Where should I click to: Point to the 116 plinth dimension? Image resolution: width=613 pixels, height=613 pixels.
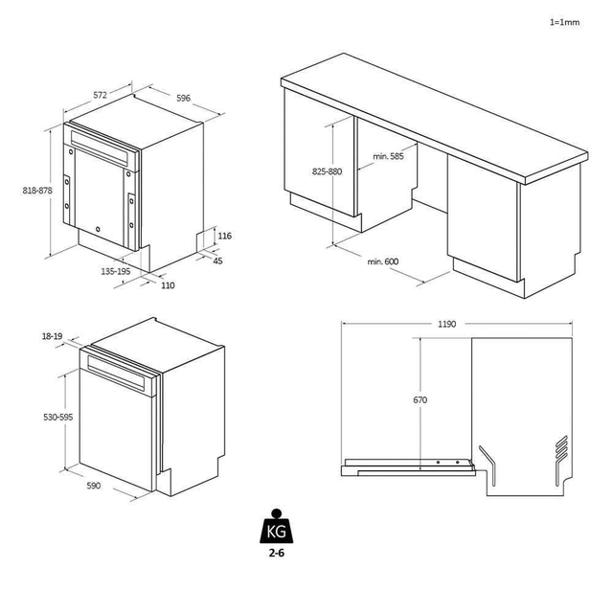(x=224, y=236)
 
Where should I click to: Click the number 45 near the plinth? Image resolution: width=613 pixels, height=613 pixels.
(x=217, y=261)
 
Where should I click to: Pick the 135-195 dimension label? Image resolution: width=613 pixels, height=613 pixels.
(x=116, y=272)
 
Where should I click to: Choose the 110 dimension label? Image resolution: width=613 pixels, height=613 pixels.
(x=168, y=285)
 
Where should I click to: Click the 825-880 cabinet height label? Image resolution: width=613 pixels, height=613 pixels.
(x=327, y=171)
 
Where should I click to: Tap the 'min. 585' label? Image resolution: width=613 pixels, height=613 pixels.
(x=388, y=156)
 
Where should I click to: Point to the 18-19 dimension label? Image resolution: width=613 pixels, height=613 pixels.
(x=54, y=336)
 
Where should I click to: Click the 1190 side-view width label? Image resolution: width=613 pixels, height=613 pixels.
(x=445, y=325)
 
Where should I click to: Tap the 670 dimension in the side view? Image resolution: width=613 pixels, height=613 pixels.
(x=420, y=399)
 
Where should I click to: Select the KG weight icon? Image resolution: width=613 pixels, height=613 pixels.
(x=276, y=527)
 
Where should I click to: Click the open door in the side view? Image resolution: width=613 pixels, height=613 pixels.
(x=407, y=465)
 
